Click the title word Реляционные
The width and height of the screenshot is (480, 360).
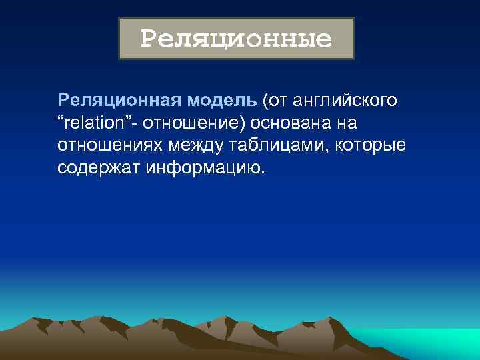click(236, 39)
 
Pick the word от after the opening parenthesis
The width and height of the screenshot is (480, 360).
click(277, 101)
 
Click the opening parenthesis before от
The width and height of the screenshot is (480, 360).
click(265, 101)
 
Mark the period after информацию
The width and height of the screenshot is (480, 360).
click(263, 172)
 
